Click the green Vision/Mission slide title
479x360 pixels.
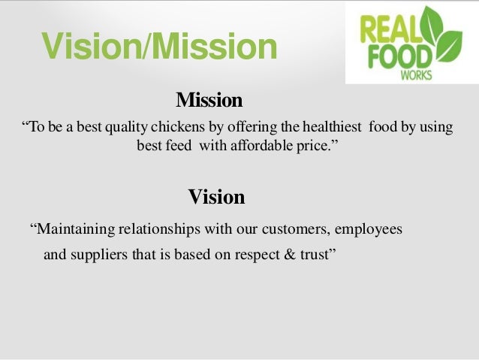[159, 47]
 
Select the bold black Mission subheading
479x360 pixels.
[209, 100]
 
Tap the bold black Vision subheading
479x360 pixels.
[216, 197]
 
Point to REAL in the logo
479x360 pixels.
[388, 28]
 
